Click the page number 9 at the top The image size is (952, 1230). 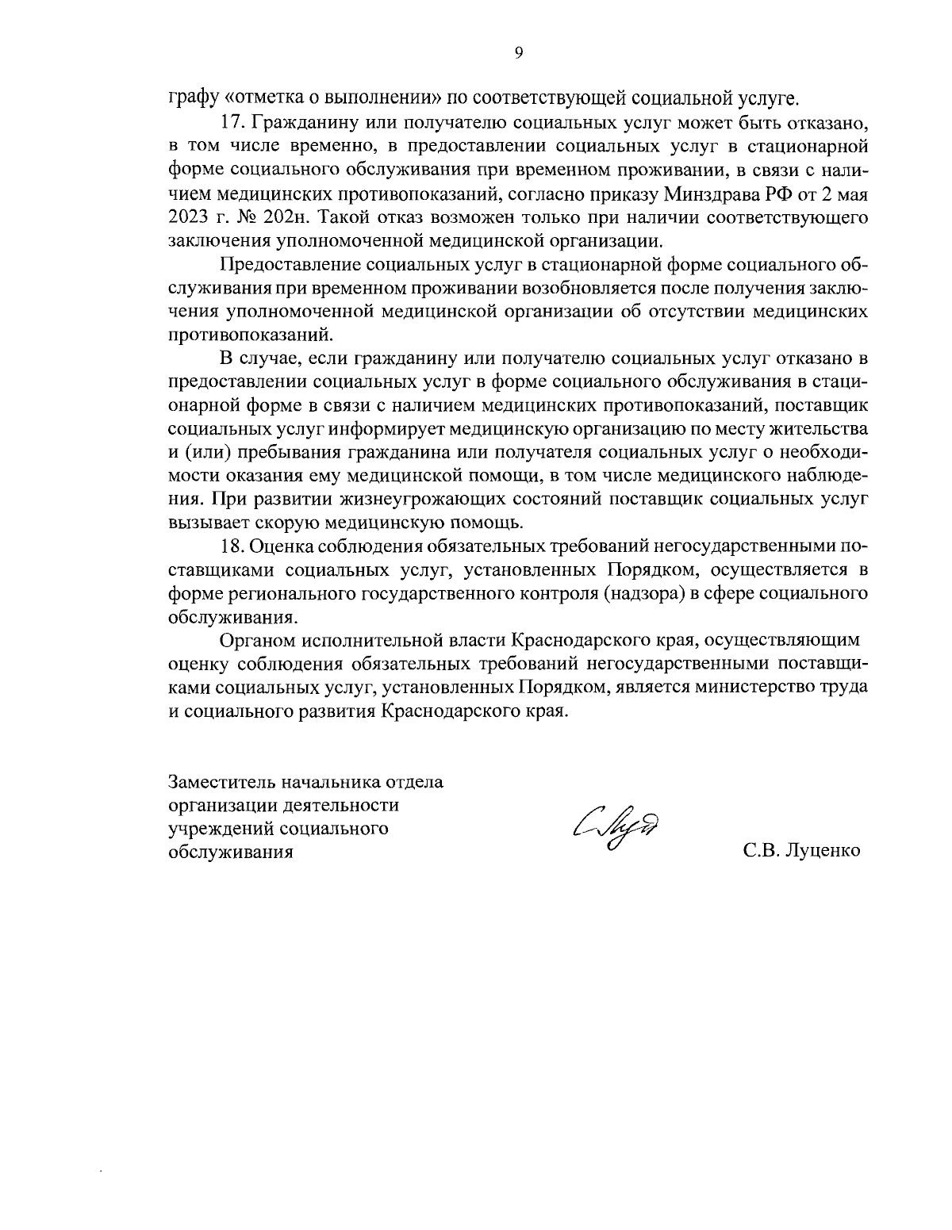coord(518,53)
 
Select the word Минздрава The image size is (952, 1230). coord(706,193)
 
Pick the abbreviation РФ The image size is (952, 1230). coord(772,193)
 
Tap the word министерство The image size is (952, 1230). coord(757,687)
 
